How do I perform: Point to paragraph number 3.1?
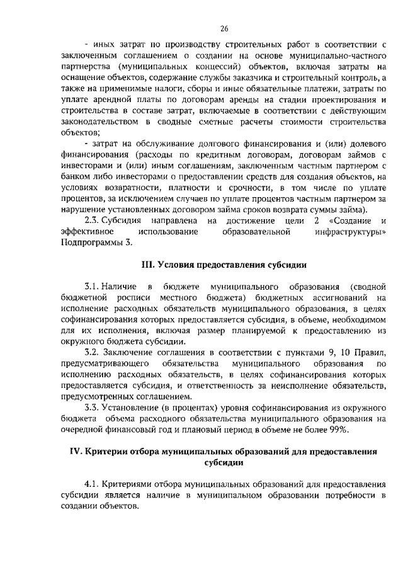coord(93,287)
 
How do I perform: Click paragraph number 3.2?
coord(93,351)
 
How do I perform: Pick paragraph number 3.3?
coord(93,408)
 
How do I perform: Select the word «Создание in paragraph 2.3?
coord(349,220)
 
